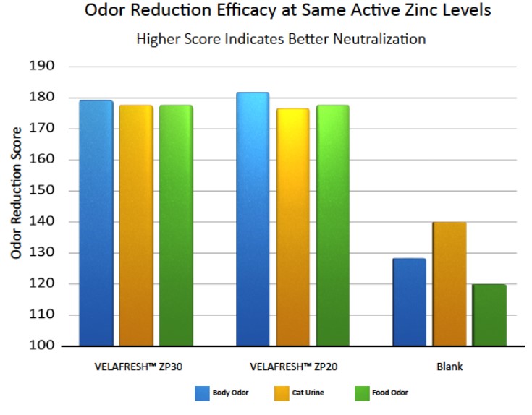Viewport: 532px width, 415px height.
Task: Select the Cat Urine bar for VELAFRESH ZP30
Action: pos(136,225)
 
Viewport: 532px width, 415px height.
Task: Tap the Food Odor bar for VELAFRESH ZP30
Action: pos(176,225)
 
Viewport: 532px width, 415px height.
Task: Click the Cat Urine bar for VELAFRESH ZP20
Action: pos(292,227)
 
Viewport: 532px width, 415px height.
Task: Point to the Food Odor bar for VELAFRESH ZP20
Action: pos(332,225)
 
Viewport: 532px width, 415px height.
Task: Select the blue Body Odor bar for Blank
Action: pos(409,301)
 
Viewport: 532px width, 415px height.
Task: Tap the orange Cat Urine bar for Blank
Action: pos(449,283)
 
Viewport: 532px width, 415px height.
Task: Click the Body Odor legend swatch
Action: pos(201,393)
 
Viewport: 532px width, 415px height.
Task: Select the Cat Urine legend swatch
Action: pos(282,393)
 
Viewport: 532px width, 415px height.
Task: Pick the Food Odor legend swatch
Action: pos(362,393)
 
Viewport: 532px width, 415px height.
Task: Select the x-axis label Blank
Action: pos(449,367)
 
